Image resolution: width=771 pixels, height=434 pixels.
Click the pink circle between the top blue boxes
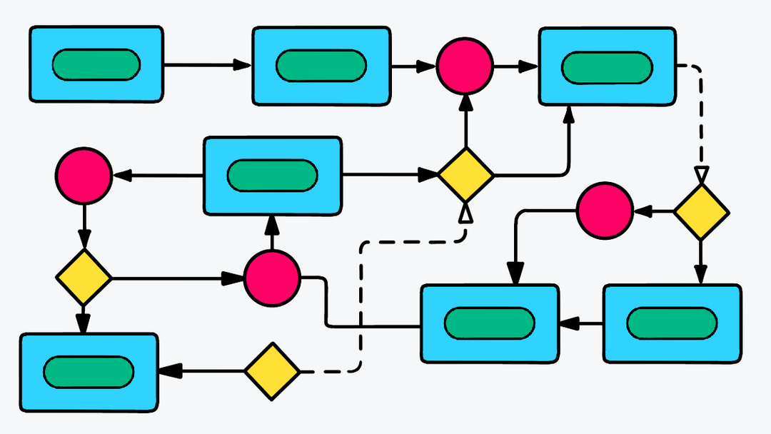(x=465, y=66)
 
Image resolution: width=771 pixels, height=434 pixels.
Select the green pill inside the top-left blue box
(x=96, y=65)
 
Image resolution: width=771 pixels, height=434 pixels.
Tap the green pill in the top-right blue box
(x=606, y=68)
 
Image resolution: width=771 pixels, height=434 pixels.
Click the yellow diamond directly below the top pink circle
(x=465, y=174)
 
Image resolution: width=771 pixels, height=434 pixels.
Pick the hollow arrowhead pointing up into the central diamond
(x=465, y=212)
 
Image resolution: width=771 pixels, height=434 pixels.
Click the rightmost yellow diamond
(x=701, y=211)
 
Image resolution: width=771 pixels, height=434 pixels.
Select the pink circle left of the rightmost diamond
(x=605, y=210)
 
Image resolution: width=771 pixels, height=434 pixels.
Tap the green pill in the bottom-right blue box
(x=672, y=323)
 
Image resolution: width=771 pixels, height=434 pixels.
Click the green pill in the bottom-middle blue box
(x=489, y=323)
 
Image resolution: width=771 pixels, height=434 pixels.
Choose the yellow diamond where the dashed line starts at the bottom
(x=272, y=371)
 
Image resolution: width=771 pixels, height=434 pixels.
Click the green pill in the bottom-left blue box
(x=89, y=371)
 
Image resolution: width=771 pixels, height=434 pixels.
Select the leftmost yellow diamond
(x=84, y=277)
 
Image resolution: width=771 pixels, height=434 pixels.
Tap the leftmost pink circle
(x=84, y=176)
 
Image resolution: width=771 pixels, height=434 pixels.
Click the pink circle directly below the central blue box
(x=272, y=278)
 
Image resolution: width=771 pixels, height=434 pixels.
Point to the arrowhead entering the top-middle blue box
(x=243, y=66)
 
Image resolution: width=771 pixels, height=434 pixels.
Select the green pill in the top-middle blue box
(x=321, y=66)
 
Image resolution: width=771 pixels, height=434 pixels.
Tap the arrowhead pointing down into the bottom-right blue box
(x=701, y=275)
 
